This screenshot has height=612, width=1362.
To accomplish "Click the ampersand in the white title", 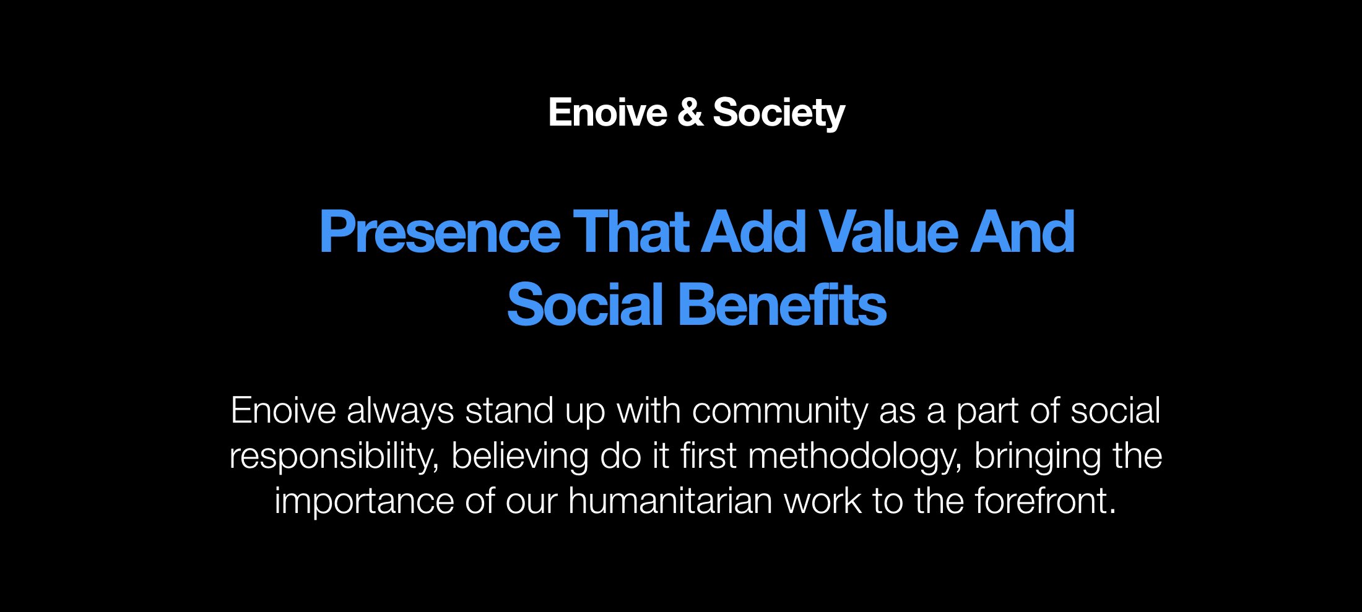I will pos(690,113).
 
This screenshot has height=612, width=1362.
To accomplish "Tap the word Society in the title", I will pos(779,113).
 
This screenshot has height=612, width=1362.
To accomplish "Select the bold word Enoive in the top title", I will pos(607,113).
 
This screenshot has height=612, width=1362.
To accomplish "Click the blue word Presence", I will pos(440,232).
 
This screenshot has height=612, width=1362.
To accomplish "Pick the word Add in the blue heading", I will pos(753,232).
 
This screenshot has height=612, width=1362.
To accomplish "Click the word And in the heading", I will pos(1022,232).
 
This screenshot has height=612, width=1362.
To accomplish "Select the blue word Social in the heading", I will pos(585,304).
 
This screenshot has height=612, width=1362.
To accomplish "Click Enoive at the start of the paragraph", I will pos(283,410).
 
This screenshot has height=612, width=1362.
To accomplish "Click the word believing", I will pos(519,457).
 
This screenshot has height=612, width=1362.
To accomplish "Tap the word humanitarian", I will pos(670,501).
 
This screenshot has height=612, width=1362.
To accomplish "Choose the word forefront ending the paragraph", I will pos(1046,501).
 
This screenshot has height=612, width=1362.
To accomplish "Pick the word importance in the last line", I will pos(364,501).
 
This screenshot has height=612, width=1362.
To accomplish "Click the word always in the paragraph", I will pos(401,412).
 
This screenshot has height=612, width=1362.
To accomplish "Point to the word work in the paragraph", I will pos(823,501).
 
